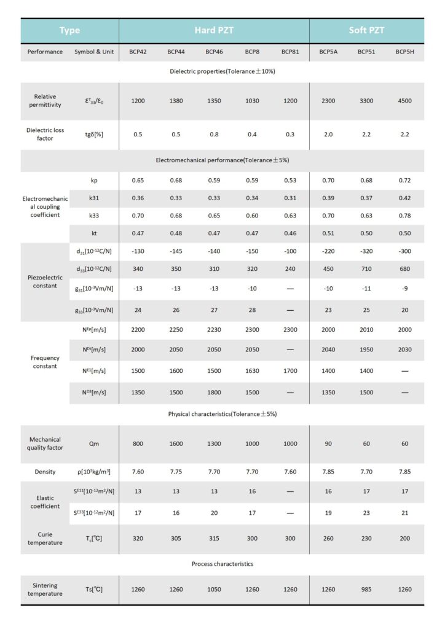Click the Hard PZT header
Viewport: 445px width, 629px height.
coord(213,30)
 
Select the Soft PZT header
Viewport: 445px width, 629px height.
coord(366,30)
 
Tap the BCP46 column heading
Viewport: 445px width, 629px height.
coord(214,52)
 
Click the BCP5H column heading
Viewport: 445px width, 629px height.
coord(404,52)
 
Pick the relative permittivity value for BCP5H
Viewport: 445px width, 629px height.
coord(404,100)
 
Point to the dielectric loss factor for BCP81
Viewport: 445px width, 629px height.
coord(290,134)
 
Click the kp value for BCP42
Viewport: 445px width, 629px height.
coord(138,181)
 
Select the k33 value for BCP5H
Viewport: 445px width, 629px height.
coord(404,216)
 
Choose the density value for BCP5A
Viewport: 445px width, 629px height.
coord(328,472)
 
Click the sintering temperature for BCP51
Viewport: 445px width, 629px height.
coord(366,590)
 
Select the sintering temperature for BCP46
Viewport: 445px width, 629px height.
coord(214,590)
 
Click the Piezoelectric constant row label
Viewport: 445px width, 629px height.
coord(45,281)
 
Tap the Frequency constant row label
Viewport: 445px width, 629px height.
coord(45,362)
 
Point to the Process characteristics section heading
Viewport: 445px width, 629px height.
coord(222,563)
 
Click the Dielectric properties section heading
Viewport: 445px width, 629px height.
coord(222,72)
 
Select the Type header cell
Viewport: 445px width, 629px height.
coord(69,30)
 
